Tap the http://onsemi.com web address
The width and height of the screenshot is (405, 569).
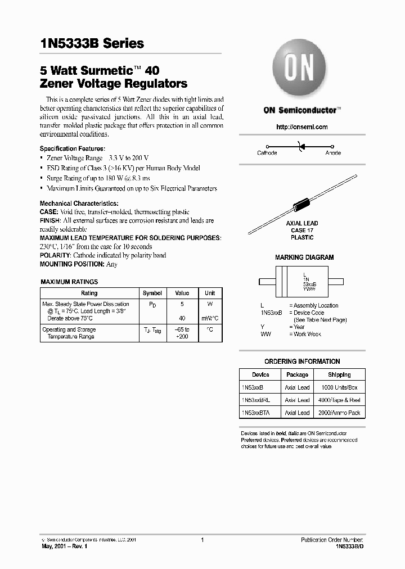pos(302,127)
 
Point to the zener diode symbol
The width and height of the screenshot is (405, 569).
pos(301,146)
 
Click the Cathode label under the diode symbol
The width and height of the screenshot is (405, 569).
pos(267,153)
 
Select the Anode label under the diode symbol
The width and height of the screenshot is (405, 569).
pos(333,153)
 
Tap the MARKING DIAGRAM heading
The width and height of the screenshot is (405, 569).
pos(304,258)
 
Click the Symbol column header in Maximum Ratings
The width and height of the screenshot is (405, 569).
pos(152,293)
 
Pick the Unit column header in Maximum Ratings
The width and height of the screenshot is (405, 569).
pos(209,293)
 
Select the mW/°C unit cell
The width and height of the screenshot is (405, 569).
pos(209,318)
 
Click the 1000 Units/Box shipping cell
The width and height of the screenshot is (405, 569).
pos(339,387)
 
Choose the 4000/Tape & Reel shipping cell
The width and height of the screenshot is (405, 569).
pos(339,400)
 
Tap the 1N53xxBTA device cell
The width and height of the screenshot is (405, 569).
pos(256,413)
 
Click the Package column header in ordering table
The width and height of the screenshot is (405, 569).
pos(297,374)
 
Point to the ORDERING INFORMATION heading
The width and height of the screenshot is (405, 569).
pos(302,362)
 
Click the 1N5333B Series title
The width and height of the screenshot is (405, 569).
pos(92,44)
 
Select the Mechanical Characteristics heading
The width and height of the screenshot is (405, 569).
pos(79,203)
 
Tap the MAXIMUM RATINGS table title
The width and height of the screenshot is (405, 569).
pos(70,282)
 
